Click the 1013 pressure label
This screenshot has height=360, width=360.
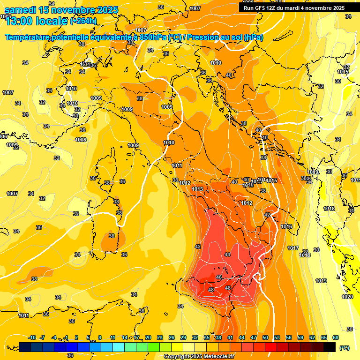[197, 189]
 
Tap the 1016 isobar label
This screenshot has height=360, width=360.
[286, 227]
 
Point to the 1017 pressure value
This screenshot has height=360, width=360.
[293, 248]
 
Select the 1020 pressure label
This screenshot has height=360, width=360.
[347, 297]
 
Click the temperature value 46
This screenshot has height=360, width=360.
[219, 277]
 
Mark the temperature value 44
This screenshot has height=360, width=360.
[227, 255]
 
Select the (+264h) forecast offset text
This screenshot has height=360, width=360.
[83, 21]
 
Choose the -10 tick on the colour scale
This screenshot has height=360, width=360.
[32, 337]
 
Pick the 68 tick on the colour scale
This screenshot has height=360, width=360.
[336, 337]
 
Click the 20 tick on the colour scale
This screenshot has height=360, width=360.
[148, 337]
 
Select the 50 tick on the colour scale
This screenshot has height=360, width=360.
[265, 337]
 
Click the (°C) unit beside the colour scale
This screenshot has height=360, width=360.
[344, 347]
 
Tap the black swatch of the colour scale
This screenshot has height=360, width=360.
[330, 347]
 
